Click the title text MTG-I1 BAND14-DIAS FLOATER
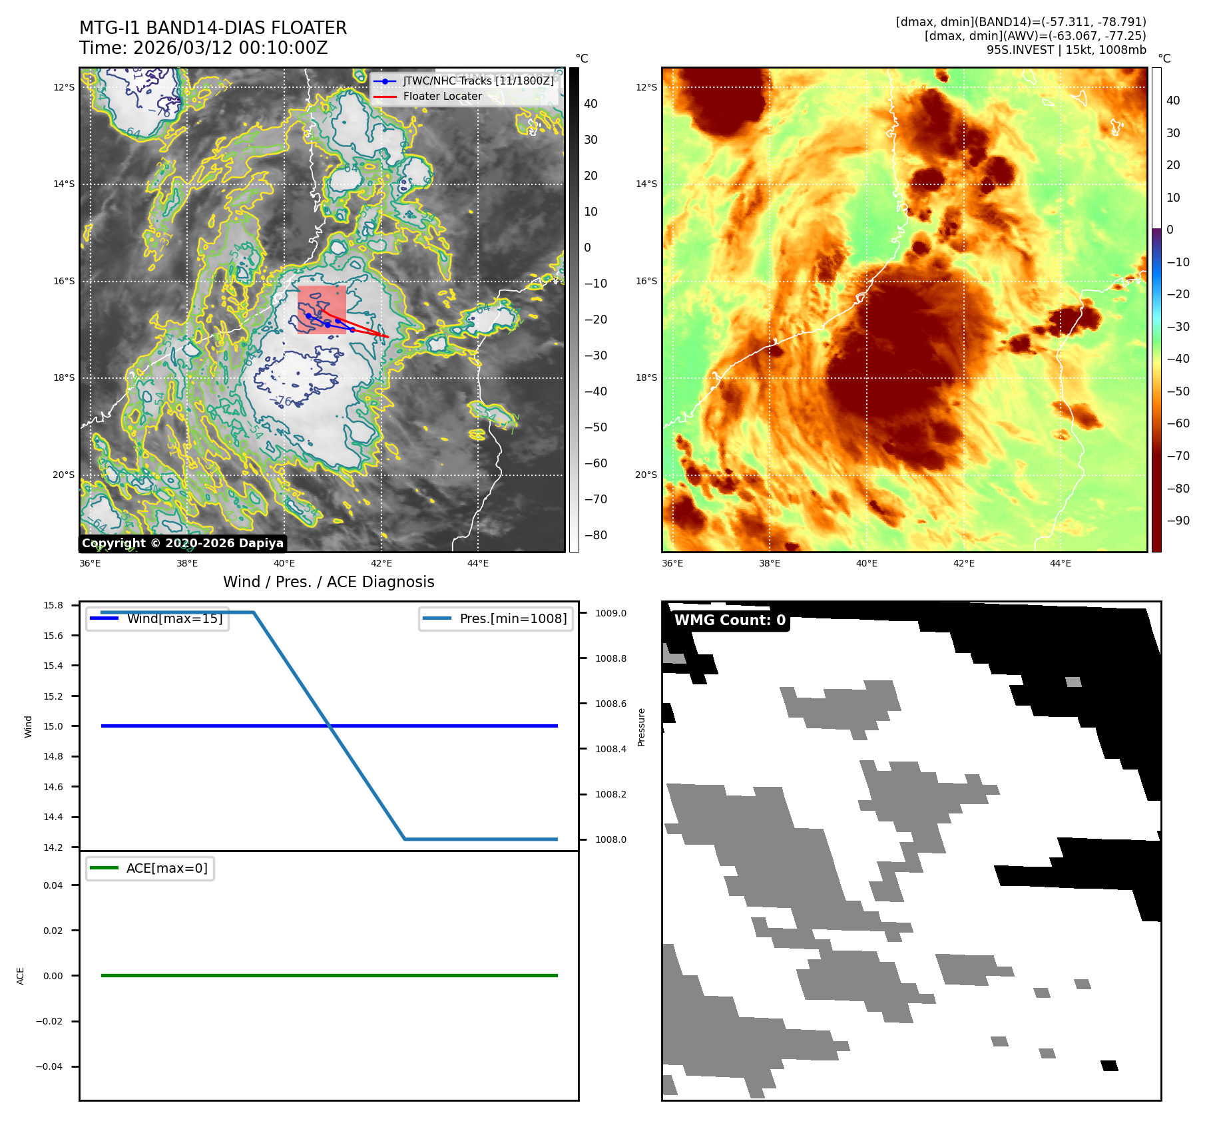213,28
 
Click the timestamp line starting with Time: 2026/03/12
203,49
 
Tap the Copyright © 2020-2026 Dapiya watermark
182,543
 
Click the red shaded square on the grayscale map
322,309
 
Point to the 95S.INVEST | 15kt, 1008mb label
1066,50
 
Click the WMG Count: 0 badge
730,620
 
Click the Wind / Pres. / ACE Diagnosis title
328,582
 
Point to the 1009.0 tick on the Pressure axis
610,613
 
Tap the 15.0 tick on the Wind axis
53,726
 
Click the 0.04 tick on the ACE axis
53,885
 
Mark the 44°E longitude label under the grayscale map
478,563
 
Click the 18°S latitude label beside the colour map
646,377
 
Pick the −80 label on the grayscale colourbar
595,535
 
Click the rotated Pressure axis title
642,727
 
